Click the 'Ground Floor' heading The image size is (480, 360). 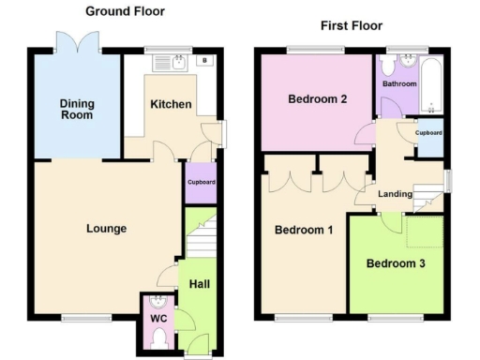(125, 11)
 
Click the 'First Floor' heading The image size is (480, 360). (352, 25)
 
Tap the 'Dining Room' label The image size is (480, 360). (77, 109)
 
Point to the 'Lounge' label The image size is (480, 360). (106, 228)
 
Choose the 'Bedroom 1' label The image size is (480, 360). (303, 230)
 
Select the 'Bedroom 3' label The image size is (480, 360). (395, 263)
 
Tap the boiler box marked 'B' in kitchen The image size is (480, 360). (205, 62)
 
